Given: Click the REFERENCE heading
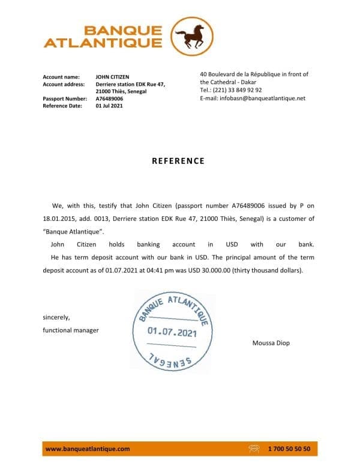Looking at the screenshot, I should (178, 161).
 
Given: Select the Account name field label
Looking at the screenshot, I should (61, 77).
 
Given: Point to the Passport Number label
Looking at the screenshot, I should (65, 98).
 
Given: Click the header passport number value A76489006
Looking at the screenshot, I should (109, 98).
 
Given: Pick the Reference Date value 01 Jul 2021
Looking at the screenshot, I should (109, 106).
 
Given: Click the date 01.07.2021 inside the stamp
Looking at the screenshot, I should (172, 333).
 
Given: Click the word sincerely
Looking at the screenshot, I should (56, 317).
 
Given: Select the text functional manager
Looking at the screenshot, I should (71, 330).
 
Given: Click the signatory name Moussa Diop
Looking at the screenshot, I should (272, 343).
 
